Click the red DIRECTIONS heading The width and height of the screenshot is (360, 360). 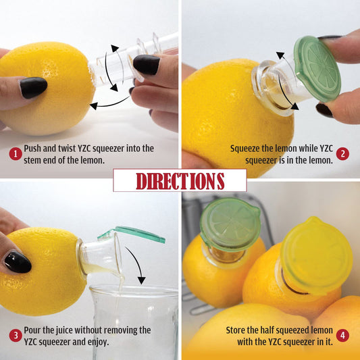coord(180,180)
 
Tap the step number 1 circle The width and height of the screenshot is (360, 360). coord(15,153)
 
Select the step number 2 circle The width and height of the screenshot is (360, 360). coord(342,153)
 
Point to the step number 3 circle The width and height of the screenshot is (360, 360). coord(15,336)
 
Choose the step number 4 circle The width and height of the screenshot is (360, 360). coord(342,336)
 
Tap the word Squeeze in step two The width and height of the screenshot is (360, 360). coord(247,148)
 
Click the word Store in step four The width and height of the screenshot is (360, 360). coord(225,330)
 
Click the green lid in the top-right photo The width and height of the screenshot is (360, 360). coord(316,68)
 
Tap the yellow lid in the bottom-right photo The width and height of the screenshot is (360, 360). coord(315,255)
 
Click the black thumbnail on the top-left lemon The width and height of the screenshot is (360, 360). coord(33,87)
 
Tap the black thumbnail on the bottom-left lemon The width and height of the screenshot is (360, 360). coord(17,262)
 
